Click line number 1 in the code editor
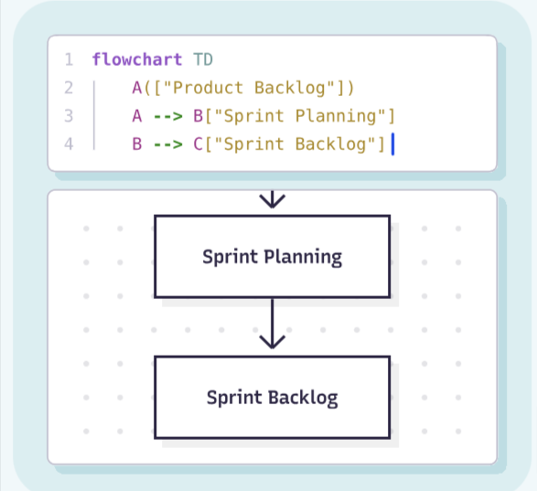[69, 60]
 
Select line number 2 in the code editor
[69, 89]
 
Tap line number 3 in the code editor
[69, 116]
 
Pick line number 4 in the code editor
[69, 144]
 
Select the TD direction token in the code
[203, 60]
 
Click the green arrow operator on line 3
[167, 116]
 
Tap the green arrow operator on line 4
[167, 144]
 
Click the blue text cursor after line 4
[392, 144]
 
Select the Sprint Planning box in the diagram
[272, 256]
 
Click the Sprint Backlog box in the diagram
[272, 397]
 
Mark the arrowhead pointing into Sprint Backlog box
[272, 341]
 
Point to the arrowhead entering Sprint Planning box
[272, 200]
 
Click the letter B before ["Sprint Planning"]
[198, 116]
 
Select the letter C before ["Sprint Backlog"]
[198, 144]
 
